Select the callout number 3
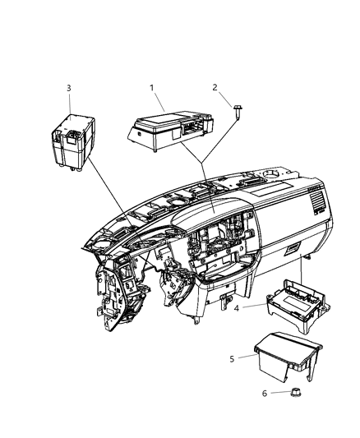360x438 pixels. [x=69, y=88]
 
